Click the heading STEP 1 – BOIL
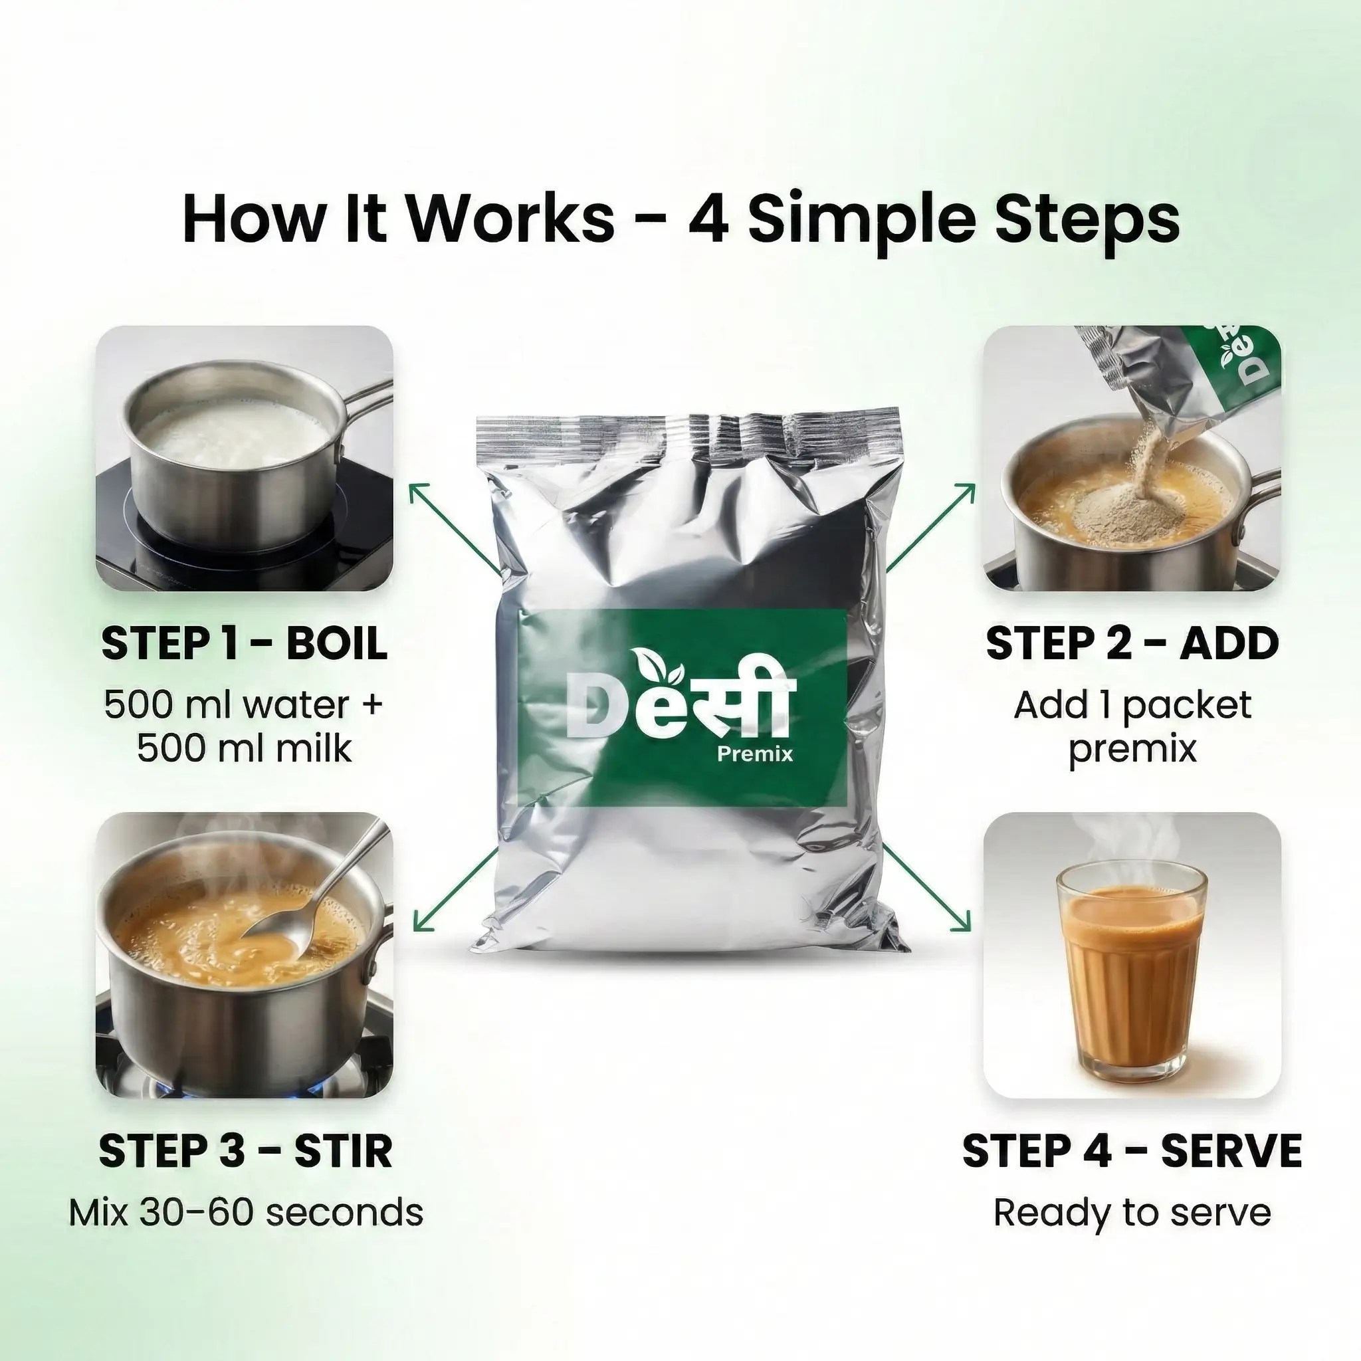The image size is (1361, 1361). pyautogui.click(x=245, y=643)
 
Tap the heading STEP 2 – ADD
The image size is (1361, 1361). pyautogui.click(x=1132, y=643)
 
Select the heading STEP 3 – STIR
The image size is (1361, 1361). pyautogui.click(x=245, y=1152)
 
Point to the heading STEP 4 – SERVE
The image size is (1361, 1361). pyautogui.click(x=1132, y=1152)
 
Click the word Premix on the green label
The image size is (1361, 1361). pyautogui.click(x=754, y=754)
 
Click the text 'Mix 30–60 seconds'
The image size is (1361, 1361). pyautogui.click(x=246, y=1213)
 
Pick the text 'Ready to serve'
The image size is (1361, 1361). pyautogui.click(x=1132, y=1213)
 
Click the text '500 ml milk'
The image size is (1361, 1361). pyautogui.click(x=245, y=748)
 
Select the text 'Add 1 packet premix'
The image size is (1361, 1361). pyautogui.click(x=1132, y=726)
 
